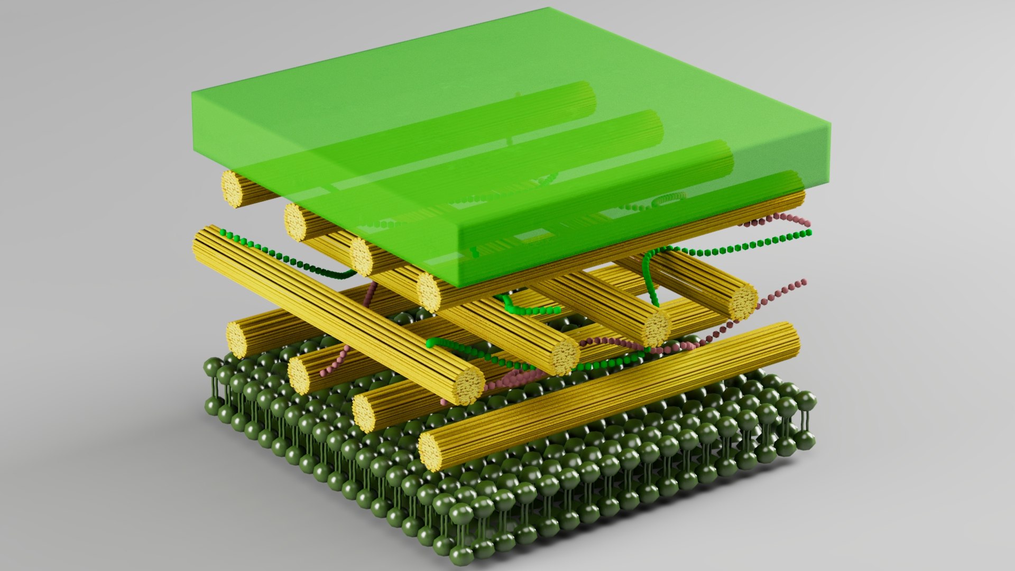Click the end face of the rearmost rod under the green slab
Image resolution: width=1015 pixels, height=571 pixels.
pos(232,188)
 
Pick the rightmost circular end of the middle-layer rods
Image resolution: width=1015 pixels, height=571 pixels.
pos(743,302)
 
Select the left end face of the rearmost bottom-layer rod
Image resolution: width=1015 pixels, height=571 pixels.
pos(237,339)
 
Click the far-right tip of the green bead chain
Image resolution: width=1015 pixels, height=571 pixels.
pos(809,233)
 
